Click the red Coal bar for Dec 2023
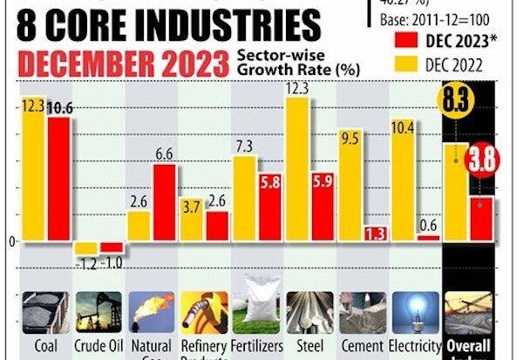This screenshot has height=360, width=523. (59, 179)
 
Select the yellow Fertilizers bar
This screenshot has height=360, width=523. (245, 198)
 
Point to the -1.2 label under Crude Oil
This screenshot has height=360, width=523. (85, 262)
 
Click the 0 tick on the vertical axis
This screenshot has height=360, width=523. (11, 241)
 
